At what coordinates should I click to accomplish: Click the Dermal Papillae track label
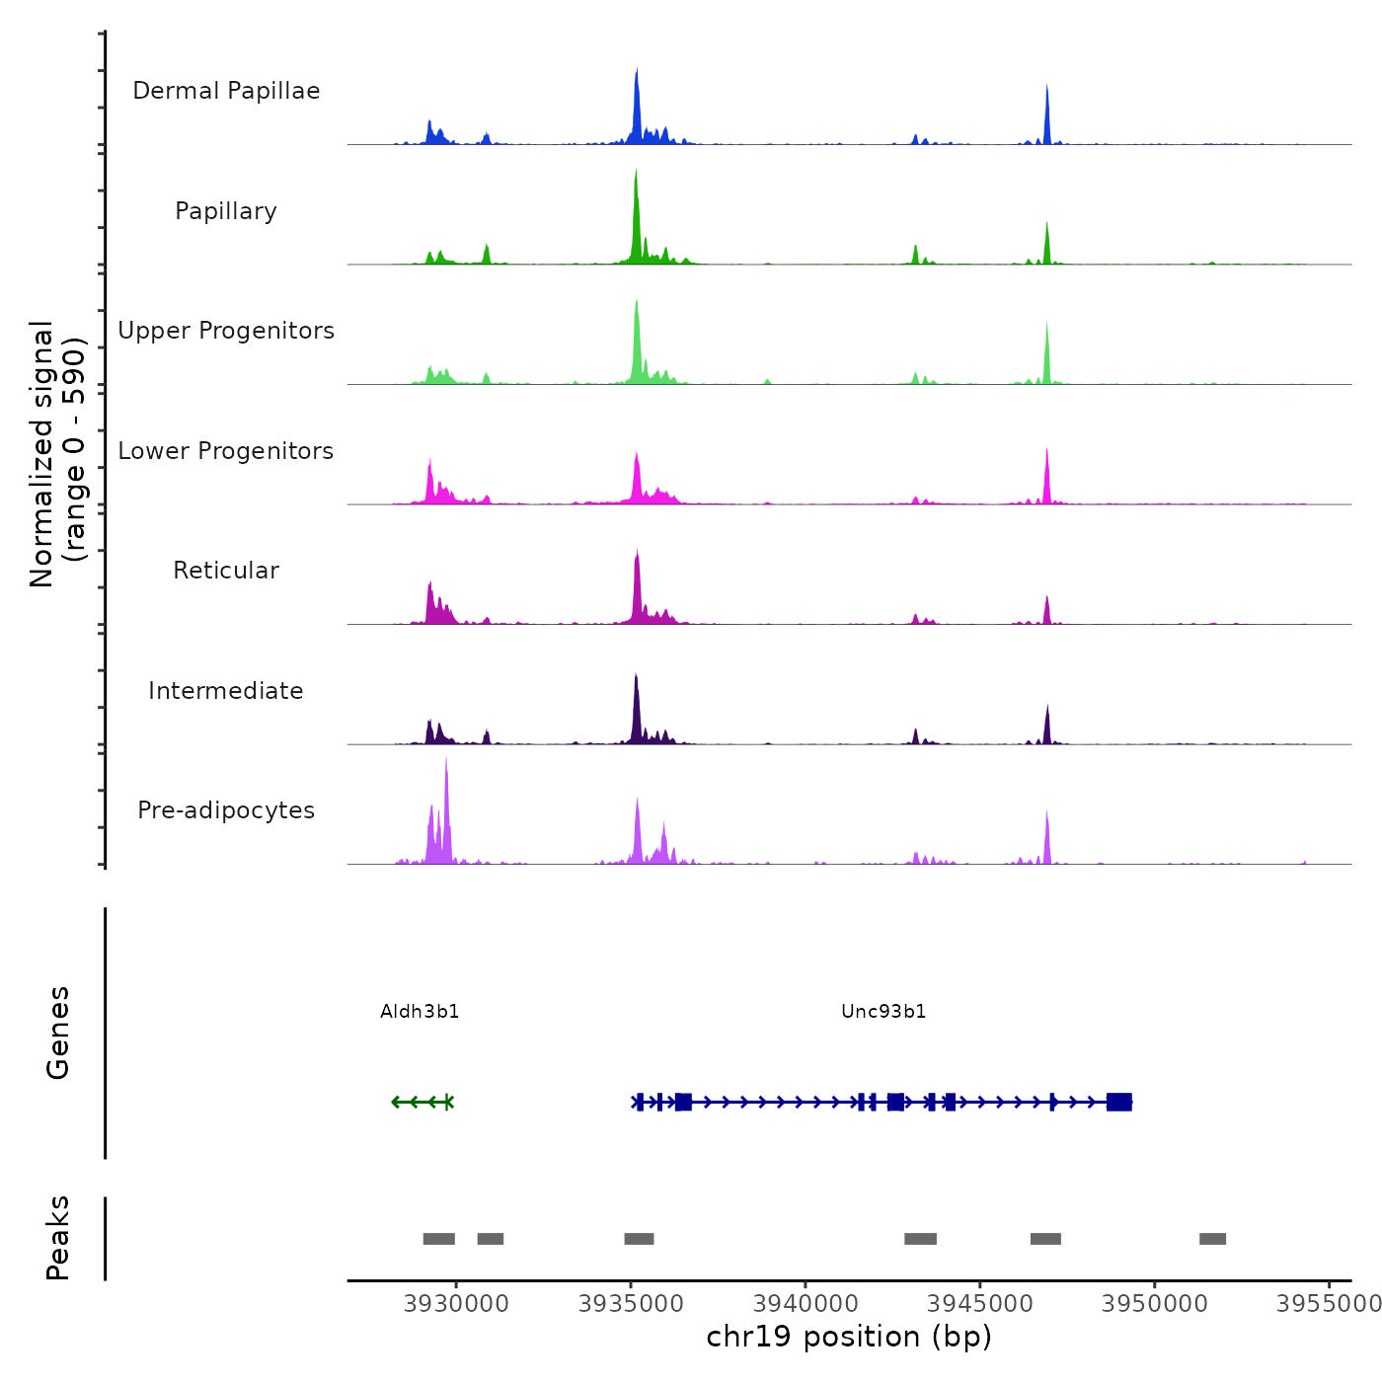226,91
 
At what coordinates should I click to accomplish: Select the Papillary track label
226,211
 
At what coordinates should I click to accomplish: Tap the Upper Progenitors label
226,331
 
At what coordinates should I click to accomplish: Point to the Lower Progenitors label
226,451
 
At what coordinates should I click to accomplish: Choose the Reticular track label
226,571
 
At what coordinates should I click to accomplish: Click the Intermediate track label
226,691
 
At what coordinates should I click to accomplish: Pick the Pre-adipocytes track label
226,810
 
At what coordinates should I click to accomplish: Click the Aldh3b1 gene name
420,1012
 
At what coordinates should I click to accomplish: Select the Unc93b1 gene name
883,1012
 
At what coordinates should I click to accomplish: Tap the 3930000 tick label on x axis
456,1304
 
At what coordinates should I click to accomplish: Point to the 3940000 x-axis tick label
806,1304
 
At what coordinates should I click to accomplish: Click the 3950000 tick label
1155,1304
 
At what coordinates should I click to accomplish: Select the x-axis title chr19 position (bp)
849,1337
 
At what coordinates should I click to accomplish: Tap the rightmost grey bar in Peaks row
1212,1239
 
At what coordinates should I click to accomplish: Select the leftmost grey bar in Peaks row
438,1239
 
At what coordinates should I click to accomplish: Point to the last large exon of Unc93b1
1118,1102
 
